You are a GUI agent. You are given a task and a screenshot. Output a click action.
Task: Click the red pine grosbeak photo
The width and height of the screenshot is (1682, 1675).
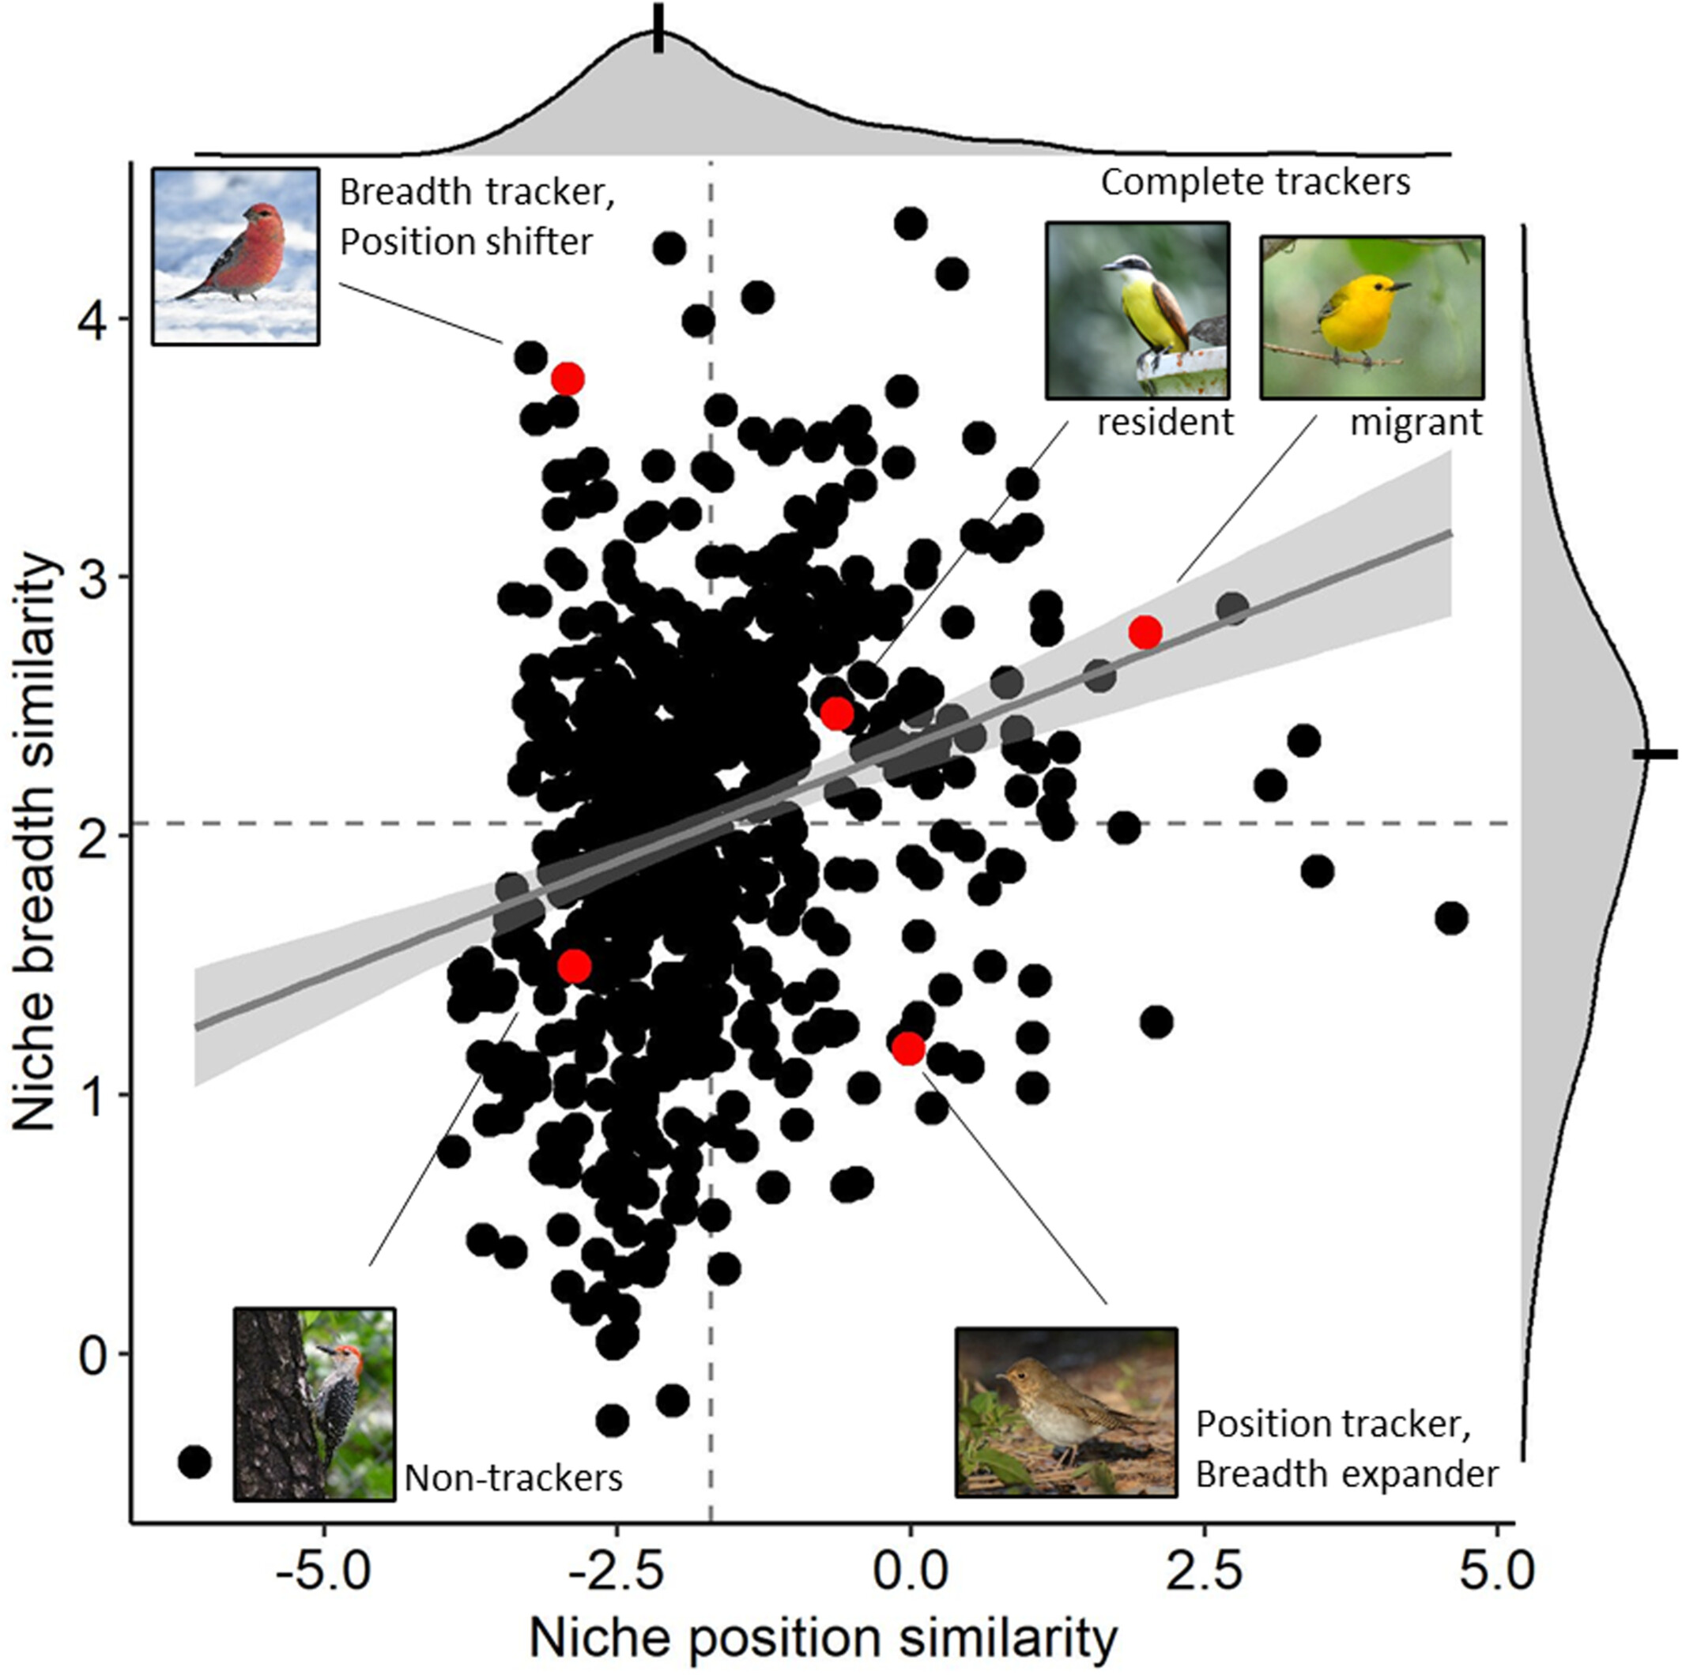tap(235, 257)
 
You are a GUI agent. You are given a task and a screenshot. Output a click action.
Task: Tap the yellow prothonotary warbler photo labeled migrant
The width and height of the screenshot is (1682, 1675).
tap(1371, 317)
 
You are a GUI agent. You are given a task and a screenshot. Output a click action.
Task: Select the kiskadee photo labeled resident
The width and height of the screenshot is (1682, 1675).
tap(1137, 310)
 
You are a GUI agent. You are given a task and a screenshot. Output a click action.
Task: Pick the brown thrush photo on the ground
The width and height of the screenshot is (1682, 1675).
tap(1065, 1412)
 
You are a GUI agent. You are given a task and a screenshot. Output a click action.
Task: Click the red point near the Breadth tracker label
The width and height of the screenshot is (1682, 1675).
tap(568, 379)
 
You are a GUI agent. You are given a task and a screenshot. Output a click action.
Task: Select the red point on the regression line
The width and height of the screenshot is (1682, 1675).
tap(1145, 633)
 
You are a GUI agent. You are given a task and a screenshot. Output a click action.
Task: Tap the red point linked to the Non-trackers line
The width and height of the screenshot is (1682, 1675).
tap(574, 965)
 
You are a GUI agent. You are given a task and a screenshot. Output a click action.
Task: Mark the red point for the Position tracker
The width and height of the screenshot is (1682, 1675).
tap(908, 1048)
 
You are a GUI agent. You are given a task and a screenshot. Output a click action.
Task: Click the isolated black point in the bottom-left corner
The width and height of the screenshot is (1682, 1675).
tap(194, 1462)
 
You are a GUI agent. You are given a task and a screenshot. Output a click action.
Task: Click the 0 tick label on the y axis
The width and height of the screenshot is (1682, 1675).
tap(94, 1355)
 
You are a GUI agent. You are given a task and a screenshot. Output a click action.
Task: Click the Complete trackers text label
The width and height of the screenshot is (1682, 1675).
tap(1255, 183)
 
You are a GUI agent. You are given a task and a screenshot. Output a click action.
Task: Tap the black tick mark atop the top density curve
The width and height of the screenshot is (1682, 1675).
tap(659, 28)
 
